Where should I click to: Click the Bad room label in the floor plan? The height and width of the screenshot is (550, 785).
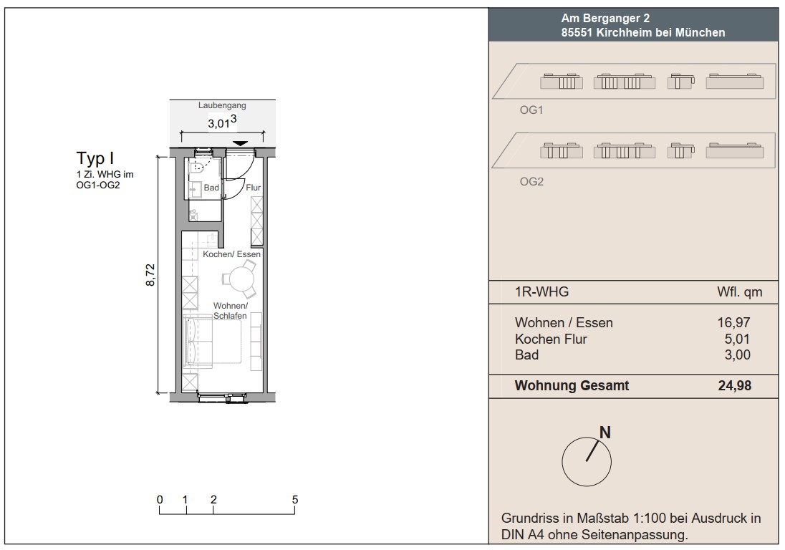[211, 188]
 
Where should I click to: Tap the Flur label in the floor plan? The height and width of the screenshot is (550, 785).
[254, 188]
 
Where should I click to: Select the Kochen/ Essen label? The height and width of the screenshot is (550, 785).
[232, 254]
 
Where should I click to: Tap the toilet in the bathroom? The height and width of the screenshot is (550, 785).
[198, 166]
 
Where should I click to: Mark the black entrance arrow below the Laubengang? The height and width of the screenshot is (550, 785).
[241, 144]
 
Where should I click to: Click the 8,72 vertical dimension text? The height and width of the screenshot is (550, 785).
[150, 275]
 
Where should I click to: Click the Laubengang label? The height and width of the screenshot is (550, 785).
[222, 105]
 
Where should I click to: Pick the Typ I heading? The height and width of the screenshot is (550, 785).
[95, 158]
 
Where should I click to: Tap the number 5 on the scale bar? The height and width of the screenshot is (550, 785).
[295, 499]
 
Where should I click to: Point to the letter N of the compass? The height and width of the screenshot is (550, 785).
[605, 433]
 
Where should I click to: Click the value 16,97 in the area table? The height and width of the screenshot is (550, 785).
[734, 323]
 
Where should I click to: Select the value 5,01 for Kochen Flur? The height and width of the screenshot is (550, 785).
[738, 339]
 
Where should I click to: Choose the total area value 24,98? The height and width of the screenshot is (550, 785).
[735, 385]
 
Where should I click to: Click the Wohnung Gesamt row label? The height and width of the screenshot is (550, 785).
[572, 385]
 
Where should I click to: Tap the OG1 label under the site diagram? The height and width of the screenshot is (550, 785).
[531, 110]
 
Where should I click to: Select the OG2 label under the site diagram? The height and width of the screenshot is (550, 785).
[531, 182]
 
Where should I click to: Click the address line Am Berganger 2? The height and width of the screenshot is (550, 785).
[605, 19]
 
